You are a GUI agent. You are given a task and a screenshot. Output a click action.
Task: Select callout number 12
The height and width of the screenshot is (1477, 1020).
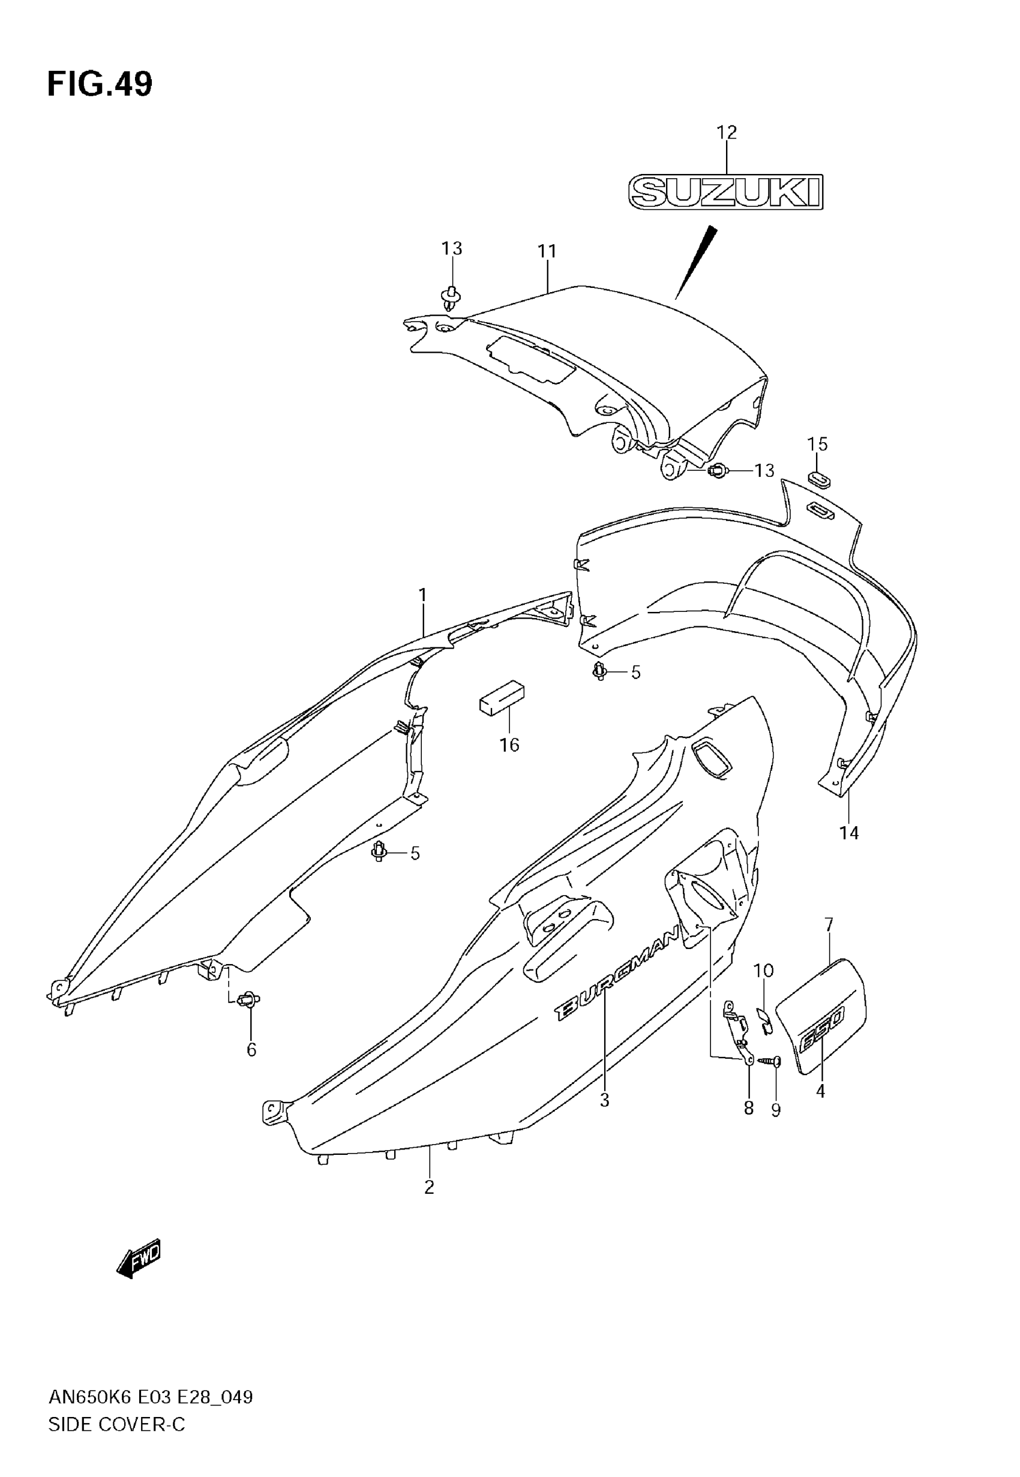(x=727, y=132)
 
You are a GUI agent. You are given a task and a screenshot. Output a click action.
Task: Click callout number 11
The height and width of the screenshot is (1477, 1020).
(x=547, y=251)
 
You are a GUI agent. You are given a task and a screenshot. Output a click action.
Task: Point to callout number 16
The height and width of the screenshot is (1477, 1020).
(x=509, y=745)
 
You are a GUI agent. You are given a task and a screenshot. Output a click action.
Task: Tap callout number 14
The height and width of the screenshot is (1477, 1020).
(x=850, y=833)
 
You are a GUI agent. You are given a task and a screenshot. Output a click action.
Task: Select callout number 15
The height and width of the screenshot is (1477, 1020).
(x=817, y=444)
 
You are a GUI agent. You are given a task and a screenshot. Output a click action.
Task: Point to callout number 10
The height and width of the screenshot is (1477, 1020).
(x=763, y=971)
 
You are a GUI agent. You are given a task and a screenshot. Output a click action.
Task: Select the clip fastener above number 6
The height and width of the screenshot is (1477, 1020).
(x=248, y=1000)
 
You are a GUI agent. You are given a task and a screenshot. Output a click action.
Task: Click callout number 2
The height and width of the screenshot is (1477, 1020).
(x=430, y=1187)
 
